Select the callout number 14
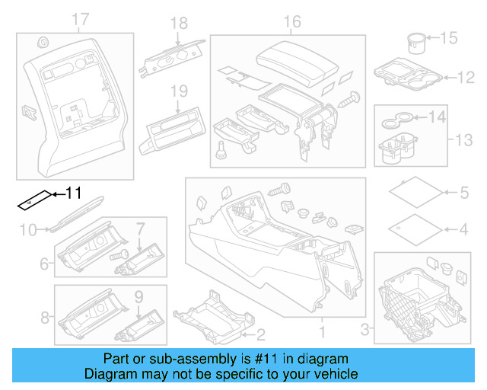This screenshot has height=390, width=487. (x=437, y=117)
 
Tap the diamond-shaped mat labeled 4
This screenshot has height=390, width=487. (x=414, y=227)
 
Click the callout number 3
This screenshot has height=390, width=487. (x=364, y=328)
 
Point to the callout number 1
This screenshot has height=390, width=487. (x=320, y=333)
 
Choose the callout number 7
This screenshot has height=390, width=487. (x=140, y=228)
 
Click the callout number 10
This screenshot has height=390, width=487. (x=27, y=228)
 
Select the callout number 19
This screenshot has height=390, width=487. (x=178, y=91)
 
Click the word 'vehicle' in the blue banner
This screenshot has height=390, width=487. (x=333, y=374)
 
